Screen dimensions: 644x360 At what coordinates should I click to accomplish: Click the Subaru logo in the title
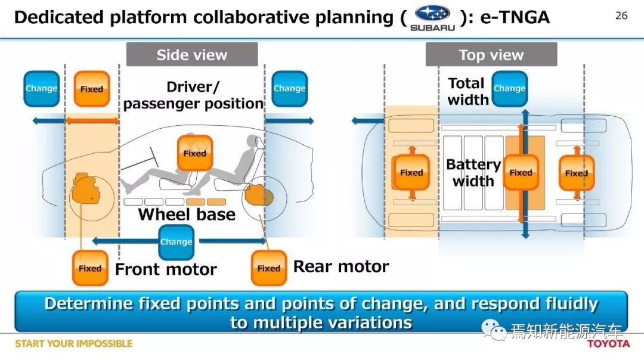tap(432, 18)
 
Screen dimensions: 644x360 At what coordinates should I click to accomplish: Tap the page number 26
tap(621, 15)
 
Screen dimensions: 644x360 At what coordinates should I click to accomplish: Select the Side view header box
tap(192, 54)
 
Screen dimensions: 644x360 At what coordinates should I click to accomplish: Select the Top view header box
tap(491, 54)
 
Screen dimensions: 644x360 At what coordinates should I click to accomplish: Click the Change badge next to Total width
tap(509, 89)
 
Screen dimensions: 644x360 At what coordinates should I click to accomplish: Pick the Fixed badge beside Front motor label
tap(90, 268)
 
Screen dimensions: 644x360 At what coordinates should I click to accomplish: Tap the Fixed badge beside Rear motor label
tap(268, 268)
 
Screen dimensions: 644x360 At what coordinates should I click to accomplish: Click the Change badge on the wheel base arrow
tap(176, 242)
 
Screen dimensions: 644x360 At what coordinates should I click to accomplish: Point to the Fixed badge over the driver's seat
tap(194, 153)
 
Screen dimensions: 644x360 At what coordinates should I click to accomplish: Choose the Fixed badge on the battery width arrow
tap(521, 172)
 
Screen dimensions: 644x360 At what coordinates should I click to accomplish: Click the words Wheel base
tap(187, 215)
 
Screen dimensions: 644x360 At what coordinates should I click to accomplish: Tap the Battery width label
tap(473, 173)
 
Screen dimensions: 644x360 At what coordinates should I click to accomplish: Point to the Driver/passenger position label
tap(193, 95)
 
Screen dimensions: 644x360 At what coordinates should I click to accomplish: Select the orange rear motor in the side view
tap(259, 195)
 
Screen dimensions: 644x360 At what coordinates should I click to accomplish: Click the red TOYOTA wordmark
tap(608, 343)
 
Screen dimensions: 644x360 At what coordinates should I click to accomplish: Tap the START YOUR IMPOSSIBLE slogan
tap(74, 343)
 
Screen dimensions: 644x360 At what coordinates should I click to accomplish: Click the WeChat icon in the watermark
tap(494, 330)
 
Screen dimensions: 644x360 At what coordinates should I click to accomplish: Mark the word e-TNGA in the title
tap(515, 17)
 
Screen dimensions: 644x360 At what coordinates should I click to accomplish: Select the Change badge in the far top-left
tap(42, 89)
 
